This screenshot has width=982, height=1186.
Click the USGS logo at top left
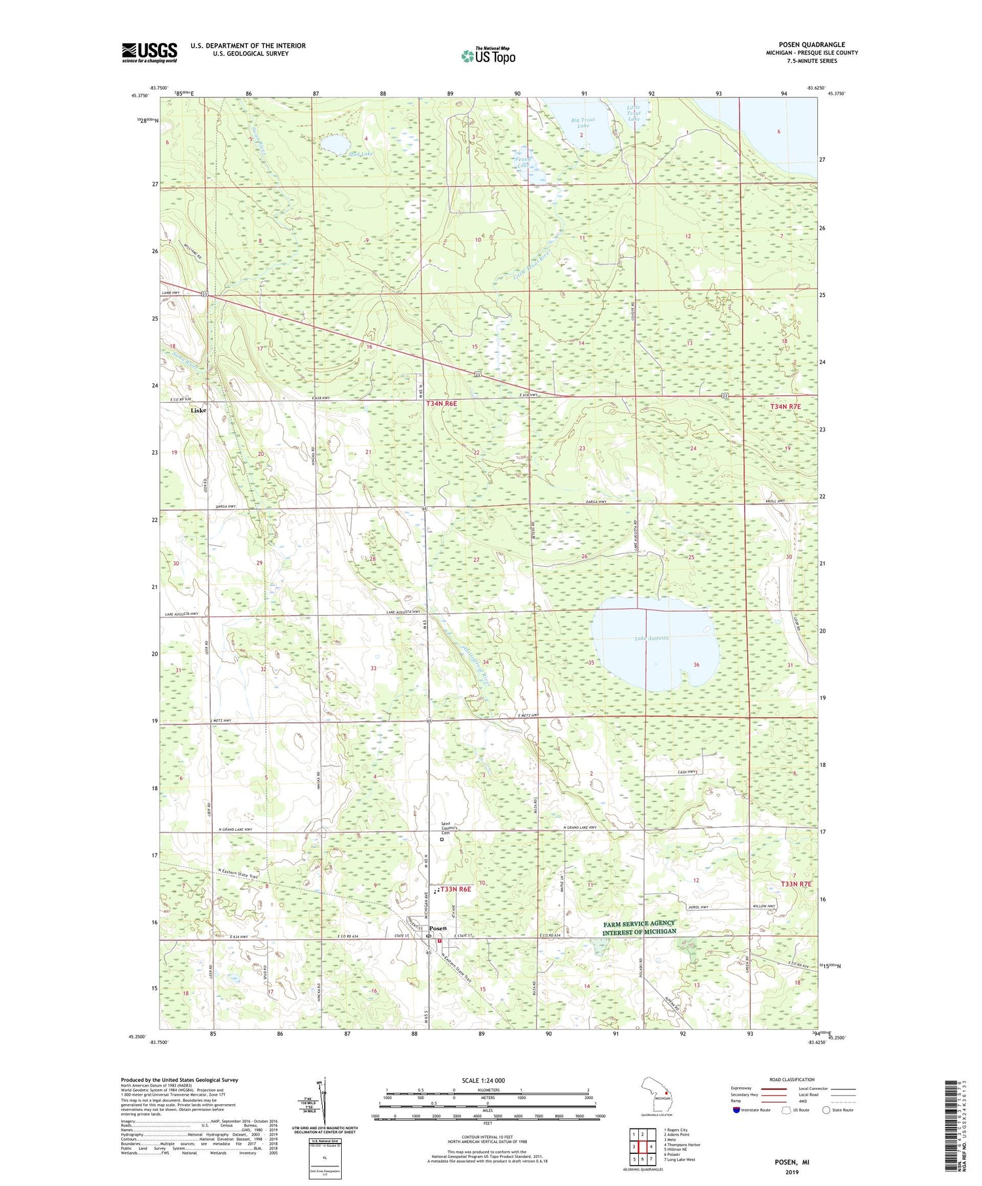[x=149, y=52]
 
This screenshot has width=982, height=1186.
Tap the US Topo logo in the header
[x=488, y=56]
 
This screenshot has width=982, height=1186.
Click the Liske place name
[x=198, y=411]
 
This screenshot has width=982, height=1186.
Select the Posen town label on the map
[x=438, y=928]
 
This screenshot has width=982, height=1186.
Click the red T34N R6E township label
[x=441, y=405]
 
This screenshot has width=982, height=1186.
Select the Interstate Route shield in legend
[x=736, y=1110]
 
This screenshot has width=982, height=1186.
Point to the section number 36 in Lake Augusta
[x=697, y=665]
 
